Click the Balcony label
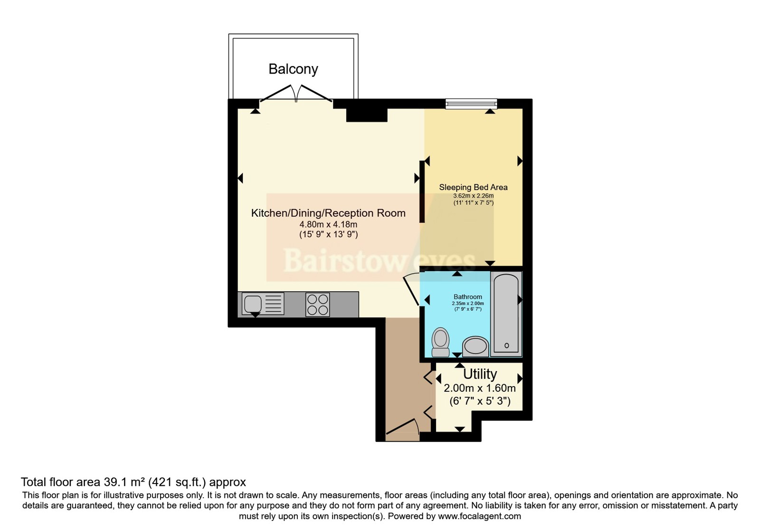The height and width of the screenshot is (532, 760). tap(293, 69)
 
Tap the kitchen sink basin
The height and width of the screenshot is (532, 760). tap(253, 304)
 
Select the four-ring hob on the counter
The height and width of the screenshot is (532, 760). tap(318, 304)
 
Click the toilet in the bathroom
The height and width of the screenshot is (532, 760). tap(440, 342)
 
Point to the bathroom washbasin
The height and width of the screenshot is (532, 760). tap(475, 346)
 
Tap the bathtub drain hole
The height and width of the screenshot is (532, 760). tap(506, 346)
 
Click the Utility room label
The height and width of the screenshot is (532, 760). tap(480, 374)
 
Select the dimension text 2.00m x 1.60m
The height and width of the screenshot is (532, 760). tap(480, 388)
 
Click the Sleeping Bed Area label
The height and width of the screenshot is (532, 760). tap(473, 187)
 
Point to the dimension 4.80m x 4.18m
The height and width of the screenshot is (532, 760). tap(328, 224)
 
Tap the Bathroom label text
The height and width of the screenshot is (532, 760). tap(468, 296)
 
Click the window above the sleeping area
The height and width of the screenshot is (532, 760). tap(471, 104)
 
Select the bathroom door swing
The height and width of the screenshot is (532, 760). tap(411, 288)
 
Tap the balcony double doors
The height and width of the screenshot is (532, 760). tap(296, 93)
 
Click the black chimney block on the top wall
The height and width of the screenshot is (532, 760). tap(367, 115)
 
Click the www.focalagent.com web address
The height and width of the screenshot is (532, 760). tap(479, 516)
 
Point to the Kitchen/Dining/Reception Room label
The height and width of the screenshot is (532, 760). tap(328, 213)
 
